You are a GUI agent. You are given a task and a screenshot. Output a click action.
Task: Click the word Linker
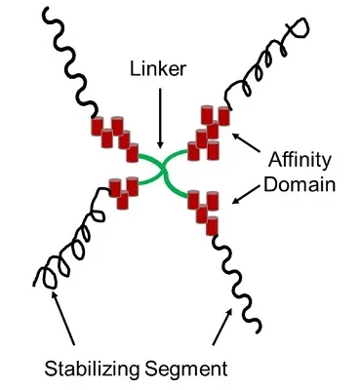[x=158, y=69]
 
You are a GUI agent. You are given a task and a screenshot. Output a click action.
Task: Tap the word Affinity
[x=300, y=161]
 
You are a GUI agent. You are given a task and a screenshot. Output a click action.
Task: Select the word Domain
[x=300, y=184]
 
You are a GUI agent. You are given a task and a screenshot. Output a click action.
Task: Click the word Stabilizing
[x=92, y=369]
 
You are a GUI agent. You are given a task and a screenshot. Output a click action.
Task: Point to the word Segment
[x=186, y=370]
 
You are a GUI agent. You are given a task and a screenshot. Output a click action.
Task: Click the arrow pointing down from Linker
[x=160, y=119]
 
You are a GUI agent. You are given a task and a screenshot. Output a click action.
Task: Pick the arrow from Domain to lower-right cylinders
[x=246, y=195]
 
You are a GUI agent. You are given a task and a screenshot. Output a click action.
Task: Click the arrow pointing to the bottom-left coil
[x=62, y=317]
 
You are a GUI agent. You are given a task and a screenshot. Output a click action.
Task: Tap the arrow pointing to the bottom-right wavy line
[x=222, y=327]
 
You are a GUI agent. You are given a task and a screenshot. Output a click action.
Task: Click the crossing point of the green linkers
[x=163, y=169]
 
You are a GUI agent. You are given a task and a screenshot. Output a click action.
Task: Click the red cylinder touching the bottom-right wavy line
[x=212, y=226]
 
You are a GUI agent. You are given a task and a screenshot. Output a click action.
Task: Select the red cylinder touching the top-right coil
[x=224, y=116]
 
